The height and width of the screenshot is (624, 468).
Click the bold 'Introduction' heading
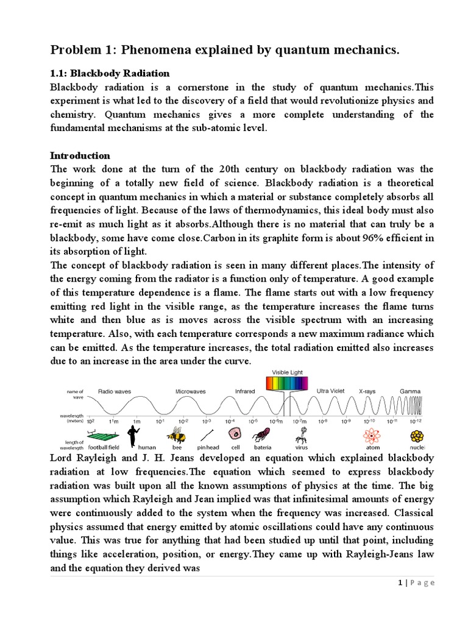tap(80, 155)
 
